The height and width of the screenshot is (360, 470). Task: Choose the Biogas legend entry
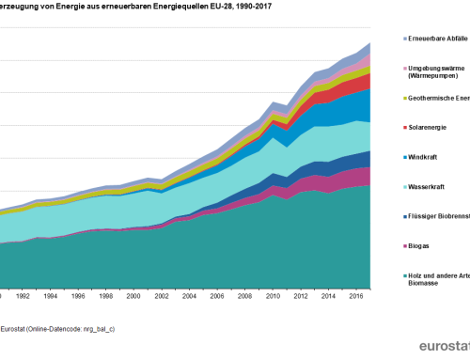tap(424, 246)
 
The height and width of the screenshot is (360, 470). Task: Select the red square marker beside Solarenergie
tap(405, 127)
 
